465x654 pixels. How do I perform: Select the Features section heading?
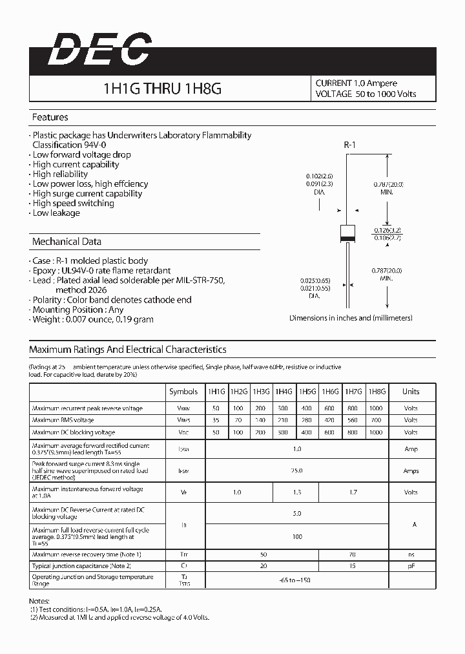[50, 118]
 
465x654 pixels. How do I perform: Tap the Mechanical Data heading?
[67, 242]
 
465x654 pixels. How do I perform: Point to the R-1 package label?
[349, 145]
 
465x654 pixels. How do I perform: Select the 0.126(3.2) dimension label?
[388, 229]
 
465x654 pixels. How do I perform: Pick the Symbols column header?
[183, 392]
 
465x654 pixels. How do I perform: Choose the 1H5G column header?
[307, 392]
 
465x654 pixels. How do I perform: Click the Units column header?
[411, 392]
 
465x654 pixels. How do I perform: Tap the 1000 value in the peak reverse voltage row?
[377, 408]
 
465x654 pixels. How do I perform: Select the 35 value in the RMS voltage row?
[215, 420]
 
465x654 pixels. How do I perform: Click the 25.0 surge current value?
[297, 471]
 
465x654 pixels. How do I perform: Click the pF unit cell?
[411, 566]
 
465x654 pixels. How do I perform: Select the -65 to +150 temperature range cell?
[297, 580]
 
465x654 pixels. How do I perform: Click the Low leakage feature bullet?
[56, 213]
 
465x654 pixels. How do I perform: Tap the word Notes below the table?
[40, 600]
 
